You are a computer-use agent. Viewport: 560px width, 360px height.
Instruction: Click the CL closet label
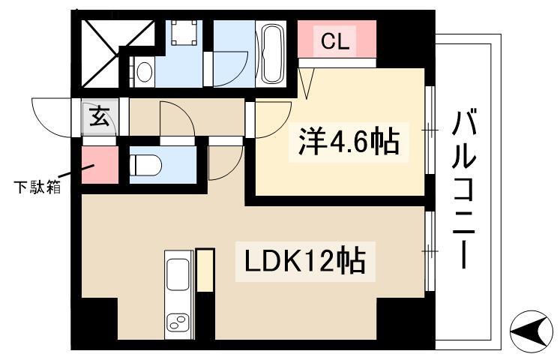[x=335, y=42]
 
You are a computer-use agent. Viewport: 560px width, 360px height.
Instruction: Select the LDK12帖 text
[x=304, y=262]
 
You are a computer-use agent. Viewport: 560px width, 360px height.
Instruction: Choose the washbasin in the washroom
[x=145, y=71]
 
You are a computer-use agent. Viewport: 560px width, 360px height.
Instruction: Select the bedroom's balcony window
[x=430, y=131]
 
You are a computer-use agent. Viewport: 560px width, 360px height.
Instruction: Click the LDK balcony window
[x=430, y=252]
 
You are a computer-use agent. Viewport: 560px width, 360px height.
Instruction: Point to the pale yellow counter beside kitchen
[x=205, y=270]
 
